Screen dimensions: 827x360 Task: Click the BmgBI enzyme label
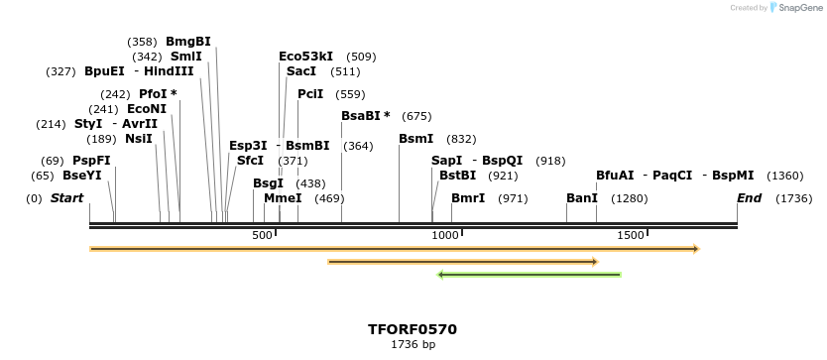tap(188, 42)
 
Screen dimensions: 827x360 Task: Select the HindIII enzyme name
tap(169, 71)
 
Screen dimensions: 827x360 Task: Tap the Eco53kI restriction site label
tap(305, 57)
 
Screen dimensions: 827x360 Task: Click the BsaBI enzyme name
tap(361, 116)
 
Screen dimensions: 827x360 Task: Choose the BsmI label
tap(416, 139)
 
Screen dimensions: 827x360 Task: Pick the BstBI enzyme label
tap(458, 176)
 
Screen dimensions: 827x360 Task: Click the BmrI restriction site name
tap(468, 198)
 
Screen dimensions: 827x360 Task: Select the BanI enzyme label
tap(582, 198)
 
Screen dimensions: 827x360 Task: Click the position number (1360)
tap(785, 176)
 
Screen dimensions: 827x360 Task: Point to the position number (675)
tap(416, 116)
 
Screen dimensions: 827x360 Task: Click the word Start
tap(66, 198)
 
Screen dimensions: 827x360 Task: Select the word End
tap(749, 198)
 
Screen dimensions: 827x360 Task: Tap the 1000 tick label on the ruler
tap(445, 235)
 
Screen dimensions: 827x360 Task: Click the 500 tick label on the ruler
tap(262, 235)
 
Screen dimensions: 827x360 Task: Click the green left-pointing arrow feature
tap(530, 275)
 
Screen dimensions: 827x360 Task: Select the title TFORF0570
tap(413, 329)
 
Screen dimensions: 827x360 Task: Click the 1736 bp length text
tap(413, 345)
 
